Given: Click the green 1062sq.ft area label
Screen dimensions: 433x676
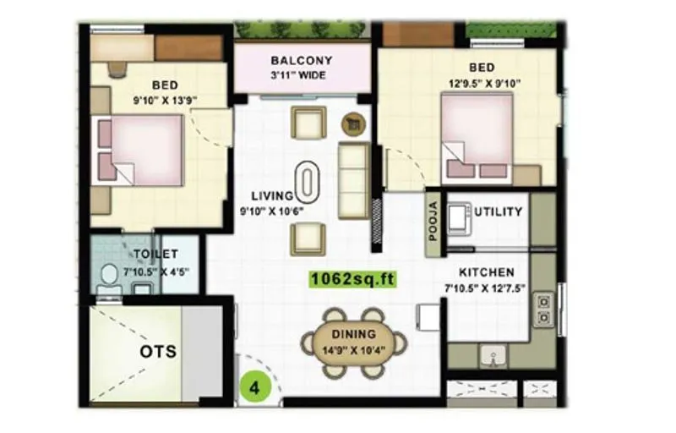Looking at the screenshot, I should (x=352, y=277).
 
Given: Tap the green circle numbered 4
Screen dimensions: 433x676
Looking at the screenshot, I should (x=254, y=389).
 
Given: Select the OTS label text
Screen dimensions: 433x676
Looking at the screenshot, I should (x=159, y=349).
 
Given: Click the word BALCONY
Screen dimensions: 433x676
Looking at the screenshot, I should (x=302, y=61).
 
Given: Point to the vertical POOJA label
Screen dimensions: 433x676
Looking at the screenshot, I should (x=433, y=222).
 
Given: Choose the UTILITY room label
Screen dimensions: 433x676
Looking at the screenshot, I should (x=499, y=211).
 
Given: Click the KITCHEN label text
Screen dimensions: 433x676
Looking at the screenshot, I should (x=487, y=272).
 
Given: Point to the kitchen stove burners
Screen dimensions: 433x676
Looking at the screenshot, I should (x=543, y=310).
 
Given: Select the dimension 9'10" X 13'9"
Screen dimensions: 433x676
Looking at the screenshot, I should (x=165, y=101).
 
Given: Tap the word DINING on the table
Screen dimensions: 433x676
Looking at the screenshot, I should (x=354, y=335).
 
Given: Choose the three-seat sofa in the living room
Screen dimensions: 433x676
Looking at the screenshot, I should (x=353, y=178).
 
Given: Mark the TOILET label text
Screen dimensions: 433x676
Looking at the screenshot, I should (x=155, y=254).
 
